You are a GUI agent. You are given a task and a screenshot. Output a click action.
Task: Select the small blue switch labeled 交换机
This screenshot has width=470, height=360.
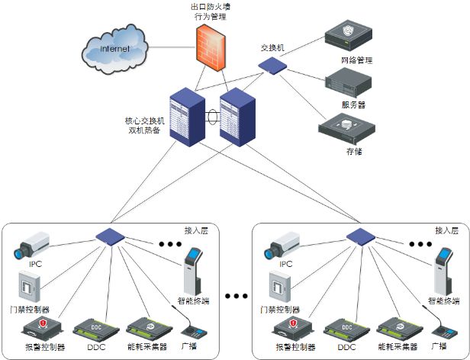point(272,66)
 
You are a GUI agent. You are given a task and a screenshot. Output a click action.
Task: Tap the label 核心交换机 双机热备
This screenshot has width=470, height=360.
point(144,125)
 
